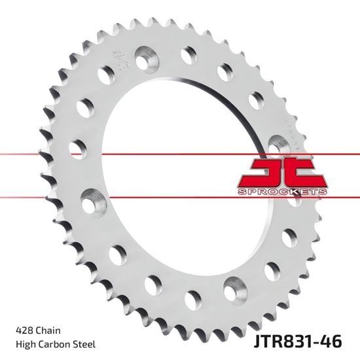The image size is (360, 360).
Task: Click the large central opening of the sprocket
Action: (190, 170)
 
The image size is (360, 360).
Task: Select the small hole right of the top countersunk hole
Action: (190, 52)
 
